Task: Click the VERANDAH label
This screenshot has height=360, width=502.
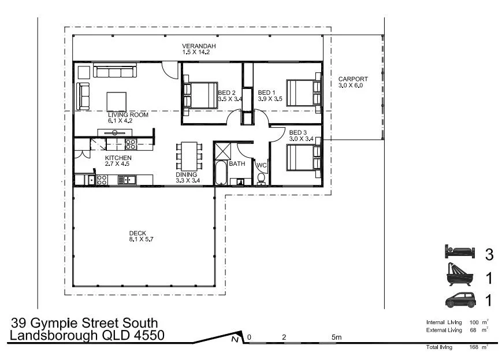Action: (x=195, y=46)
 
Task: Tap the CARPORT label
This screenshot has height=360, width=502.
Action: (x=353, y=79)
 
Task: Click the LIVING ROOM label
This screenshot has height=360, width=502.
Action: (x=128, y=114)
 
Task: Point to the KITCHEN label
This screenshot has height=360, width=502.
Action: (x=118, y=158)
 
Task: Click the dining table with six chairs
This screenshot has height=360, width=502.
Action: (x=189, y=154)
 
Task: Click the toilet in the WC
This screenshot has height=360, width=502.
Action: (x=262, y=178)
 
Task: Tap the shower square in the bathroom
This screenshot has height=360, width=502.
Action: (x=222, y=151)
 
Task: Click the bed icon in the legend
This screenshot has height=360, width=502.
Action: (x=459, y=253)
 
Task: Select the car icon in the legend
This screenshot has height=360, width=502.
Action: (x=459, y=300)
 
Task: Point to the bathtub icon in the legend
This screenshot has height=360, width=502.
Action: (x=459, y=276)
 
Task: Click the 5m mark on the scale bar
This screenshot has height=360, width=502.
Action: (x=336, y=337)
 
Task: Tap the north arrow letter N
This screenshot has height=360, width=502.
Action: (x=235, y=340)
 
